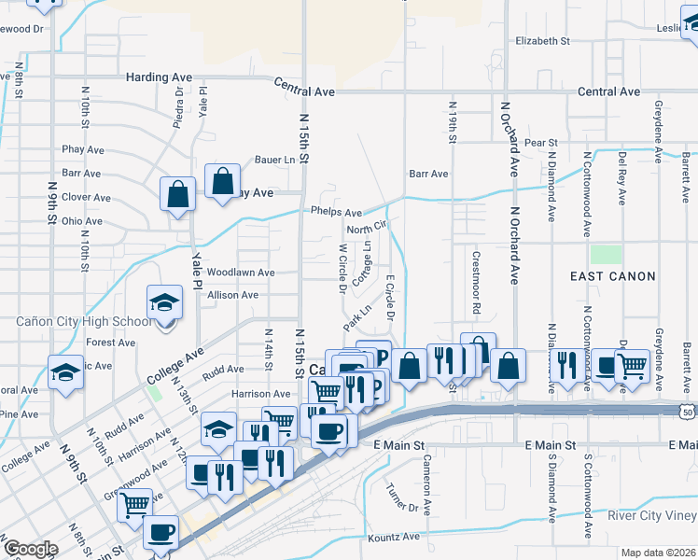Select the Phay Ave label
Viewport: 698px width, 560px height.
tap(83, 149)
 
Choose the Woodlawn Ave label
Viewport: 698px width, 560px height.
tap(241, 273)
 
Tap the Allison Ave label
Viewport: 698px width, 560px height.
tap(232, 295)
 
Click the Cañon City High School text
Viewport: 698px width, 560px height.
tap(82, 322)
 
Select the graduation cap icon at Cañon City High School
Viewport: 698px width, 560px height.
tap(163, 303)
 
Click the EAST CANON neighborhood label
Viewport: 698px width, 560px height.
tap(614, 276)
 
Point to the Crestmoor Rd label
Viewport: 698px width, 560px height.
tap(476, 282)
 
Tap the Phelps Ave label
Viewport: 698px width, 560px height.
tap(336, 213)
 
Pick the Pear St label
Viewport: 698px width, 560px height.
tap(540, 143)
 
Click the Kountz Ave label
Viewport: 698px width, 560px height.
tap(395, 538)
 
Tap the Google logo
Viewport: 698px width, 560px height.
tap(30, 548)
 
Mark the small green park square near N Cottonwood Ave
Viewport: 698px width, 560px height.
tap(605, 255)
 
